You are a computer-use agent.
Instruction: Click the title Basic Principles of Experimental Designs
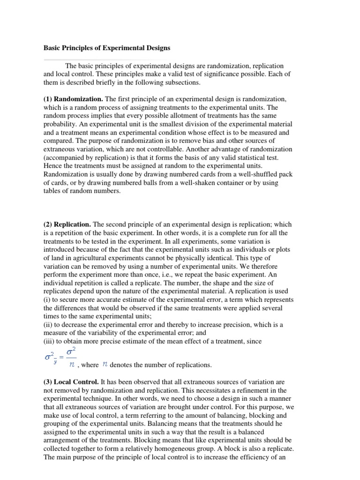click(x=107, y=48)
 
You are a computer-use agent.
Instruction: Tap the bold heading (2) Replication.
click(x=67, y=225)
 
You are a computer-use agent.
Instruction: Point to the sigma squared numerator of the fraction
click(x=72, y=353)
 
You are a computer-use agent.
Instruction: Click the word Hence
click(x=53, y=166)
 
